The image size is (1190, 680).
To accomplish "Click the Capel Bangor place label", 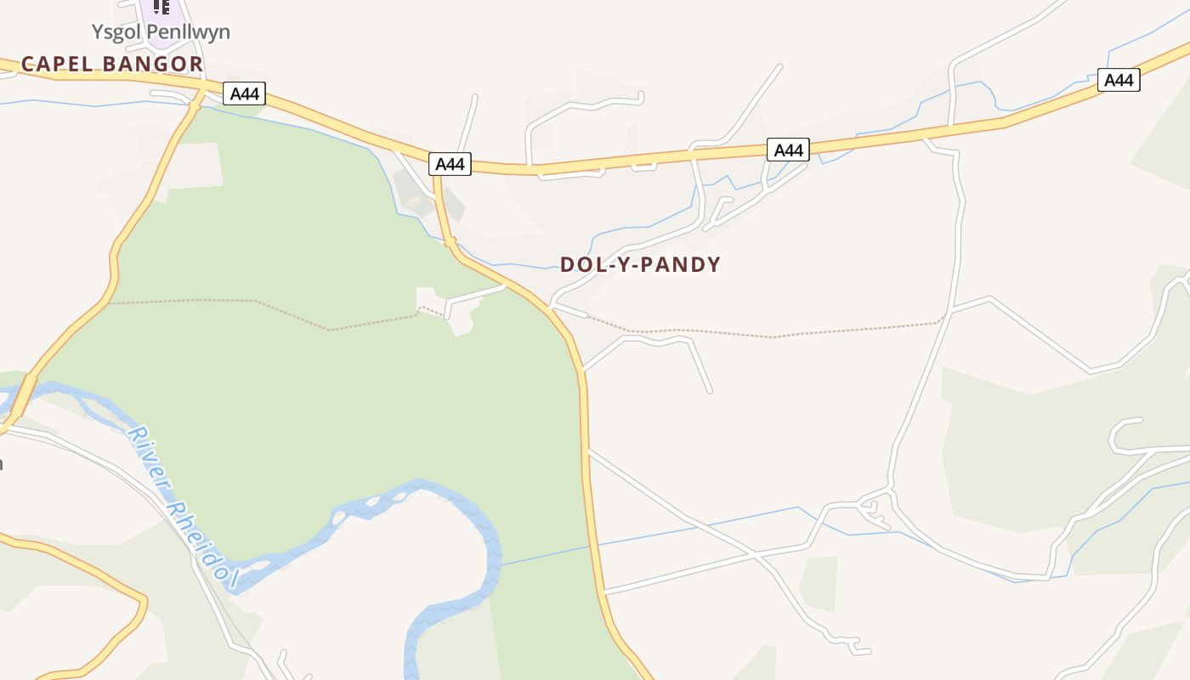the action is click(112, 64).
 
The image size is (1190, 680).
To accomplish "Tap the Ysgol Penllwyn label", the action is click(161, 32).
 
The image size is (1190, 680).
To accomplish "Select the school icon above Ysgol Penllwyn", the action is click(161, 7).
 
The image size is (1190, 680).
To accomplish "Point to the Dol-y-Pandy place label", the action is click(640, 264).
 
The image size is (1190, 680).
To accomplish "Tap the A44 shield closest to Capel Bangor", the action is click(245, 93).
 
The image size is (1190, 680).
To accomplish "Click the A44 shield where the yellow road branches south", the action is click(450, 164).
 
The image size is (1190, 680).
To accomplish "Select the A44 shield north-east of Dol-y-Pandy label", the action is click(788, 150).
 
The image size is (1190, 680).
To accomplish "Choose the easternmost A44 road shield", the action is click(1119, 80).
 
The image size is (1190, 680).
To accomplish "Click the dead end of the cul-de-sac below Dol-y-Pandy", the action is click(710, 391).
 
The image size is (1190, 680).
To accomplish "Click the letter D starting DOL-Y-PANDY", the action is click(567, 264).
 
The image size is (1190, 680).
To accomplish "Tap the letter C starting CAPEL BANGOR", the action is click(27, 64).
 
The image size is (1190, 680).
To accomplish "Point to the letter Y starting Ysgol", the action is click(97, 32).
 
